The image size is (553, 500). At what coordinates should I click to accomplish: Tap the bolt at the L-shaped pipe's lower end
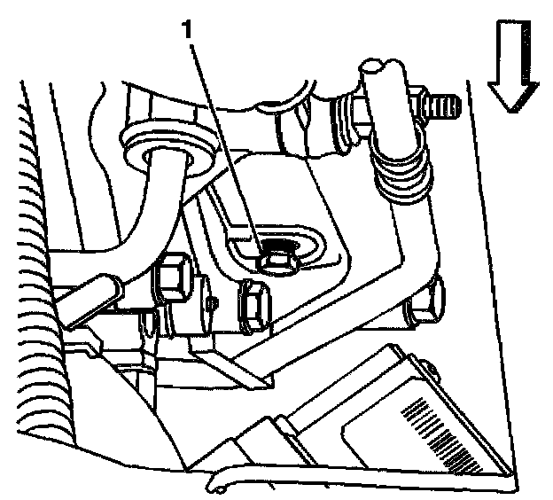click(426, 301)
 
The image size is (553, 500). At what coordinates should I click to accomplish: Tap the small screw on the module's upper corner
click(431, 370)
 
